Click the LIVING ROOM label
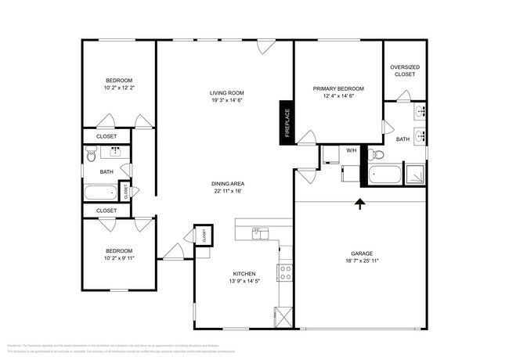click(x=226, y=92)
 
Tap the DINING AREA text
click(x=226, y=183)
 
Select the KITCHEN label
click(x=244, y=273)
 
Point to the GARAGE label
click(x=361, y=254)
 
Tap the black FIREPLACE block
click(x=287, y=123)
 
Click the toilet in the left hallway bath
click(x=91, y=157)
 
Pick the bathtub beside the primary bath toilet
click(x=383, y=174)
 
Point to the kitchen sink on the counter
click(x=260, y=232)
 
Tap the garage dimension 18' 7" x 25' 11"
click(x=361, y=261)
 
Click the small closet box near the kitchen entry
click(x=203, y=234)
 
